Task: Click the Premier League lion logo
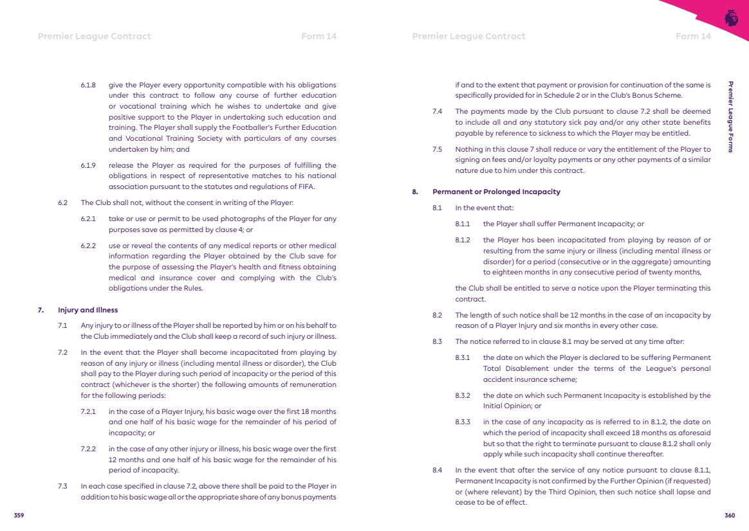tap(731, 17)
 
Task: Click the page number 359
tap(19, 515)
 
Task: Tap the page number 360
tap(730, 515)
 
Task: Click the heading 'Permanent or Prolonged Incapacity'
tap(496, 192)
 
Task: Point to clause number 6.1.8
tap(88, 85)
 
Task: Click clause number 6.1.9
tap(88, 165)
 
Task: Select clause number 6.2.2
tap(88, 246)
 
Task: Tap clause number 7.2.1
tap(88, 411)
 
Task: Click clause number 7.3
tap(63, 486)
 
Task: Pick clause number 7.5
tap(438, 149)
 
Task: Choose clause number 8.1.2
tap(463, 240)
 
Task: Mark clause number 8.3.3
tap(463, 422)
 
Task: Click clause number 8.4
tap(438, 470)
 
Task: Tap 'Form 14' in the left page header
tap(319, 36)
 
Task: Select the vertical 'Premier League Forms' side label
tap(730, 116)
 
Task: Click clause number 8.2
tap(438, 315)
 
